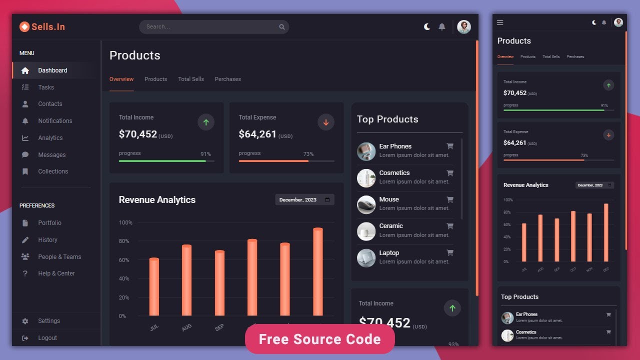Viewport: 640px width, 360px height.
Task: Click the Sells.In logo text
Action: coord(48,27)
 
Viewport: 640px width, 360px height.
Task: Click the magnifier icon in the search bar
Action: coord(282,27)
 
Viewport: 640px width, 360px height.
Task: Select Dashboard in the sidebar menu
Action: coord(52,70)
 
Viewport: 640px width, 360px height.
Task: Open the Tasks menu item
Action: coord(46,87)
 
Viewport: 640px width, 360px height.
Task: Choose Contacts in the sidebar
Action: coord(50,104)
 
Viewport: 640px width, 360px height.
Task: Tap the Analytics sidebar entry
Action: coord(50,138)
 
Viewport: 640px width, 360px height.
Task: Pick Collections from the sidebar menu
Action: coord(53,171)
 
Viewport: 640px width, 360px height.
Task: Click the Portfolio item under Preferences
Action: coord(49,223)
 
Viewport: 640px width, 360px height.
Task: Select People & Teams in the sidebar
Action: coord(59,257)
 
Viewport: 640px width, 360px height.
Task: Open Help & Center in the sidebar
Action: coord(56,273)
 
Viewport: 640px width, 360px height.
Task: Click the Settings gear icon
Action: coord(25,321)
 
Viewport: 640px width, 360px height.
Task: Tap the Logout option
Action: coord(47,338)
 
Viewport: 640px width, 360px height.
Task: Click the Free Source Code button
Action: coord(320,339)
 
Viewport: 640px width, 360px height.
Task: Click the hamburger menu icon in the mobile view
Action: coord(500,22)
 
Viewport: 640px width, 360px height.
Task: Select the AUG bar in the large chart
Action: coord(186,280)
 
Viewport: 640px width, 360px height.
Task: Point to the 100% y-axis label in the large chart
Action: coord(125,222)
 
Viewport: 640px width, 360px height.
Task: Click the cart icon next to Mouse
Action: coord(450,199)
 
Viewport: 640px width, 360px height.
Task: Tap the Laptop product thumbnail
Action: coord(366,258)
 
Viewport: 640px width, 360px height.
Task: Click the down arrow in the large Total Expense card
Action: coord(326,122)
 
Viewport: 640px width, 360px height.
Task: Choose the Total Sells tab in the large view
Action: coord(191,79)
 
